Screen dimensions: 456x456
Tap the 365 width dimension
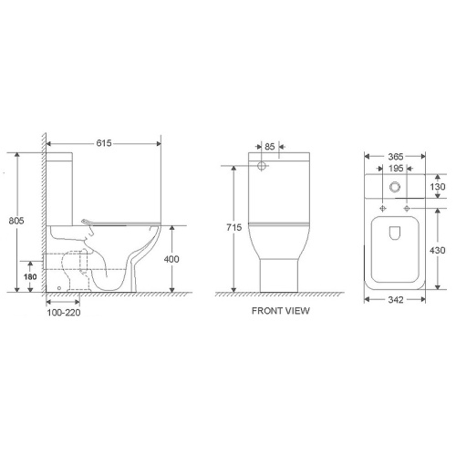pyautogui.click(x=394, y=157)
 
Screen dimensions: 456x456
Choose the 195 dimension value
pyautogui.click(x=394, y=169)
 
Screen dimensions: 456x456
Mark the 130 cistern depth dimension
pyautogui.click(x=440, y=186)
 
